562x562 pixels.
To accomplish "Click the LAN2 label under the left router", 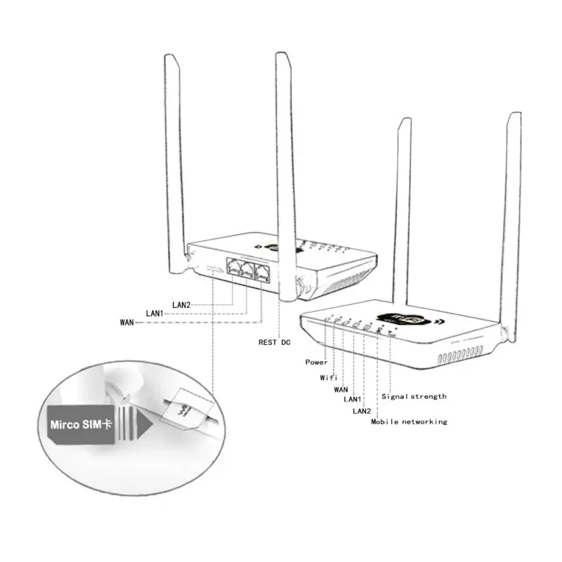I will [181, 304].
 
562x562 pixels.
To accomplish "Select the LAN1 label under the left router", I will [155, 313].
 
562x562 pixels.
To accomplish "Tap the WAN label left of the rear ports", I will [127, 322].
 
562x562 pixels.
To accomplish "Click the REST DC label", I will [275, 342].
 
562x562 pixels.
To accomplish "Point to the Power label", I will [316, 362].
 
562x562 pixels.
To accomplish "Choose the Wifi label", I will [329, 377].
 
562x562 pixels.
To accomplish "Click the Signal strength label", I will [414, 396].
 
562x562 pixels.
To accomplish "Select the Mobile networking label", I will [409, 421].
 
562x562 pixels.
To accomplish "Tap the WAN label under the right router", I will [341, 388].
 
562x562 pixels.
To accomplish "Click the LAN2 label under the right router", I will [361, 410].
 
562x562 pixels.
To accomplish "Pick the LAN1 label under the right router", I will [353, 399].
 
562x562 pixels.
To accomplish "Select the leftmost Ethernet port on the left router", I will [233, 267].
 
